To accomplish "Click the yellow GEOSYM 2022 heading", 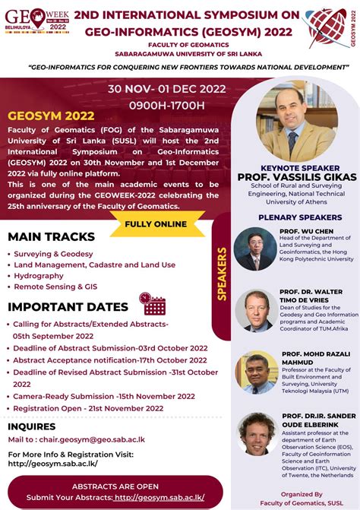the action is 51,116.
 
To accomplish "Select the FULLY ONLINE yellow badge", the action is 155,223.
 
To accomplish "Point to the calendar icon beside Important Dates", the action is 153,304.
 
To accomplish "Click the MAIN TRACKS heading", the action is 51,236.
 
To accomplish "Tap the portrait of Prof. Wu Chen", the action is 255,249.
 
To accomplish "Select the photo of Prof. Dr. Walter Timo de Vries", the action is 255,309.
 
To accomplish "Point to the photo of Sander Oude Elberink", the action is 257,434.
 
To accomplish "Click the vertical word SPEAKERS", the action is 223,274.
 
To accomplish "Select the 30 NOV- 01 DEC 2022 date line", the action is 166,88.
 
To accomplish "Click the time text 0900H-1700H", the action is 166,104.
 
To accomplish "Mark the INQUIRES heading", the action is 32,426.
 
